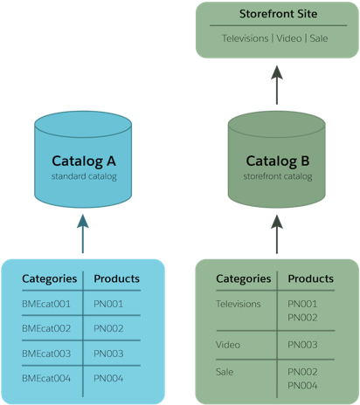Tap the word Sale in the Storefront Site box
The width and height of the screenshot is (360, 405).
(319, 38)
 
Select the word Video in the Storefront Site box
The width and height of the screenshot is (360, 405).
(289, 38)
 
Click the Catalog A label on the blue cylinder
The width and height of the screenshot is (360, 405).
(84, 161)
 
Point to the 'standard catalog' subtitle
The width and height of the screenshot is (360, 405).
(84, 177)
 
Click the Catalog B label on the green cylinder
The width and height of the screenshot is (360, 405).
(277, 161)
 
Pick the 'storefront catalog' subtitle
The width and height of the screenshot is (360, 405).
(277, 177)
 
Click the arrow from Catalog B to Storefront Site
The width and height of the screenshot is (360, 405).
(277, 86)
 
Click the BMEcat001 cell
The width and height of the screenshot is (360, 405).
(47, 304)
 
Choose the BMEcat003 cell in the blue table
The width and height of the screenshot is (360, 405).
(47, 353)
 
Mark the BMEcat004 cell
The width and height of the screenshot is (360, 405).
(47, 378)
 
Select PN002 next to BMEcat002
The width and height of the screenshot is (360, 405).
(108, 328)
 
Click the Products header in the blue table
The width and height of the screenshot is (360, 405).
(116, 279)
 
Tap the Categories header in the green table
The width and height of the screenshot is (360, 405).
(243, 279)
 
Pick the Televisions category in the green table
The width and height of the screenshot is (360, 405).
(239, 304)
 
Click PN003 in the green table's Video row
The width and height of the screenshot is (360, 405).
(302, 345)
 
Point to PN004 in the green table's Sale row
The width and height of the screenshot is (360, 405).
(302, 385)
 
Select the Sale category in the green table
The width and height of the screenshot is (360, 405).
(225, 372)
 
